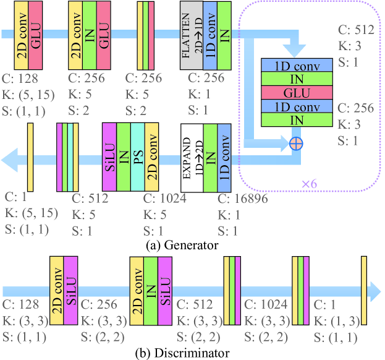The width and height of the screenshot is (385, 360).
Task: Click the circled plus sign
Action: pyautogui.click(x=296, y=144)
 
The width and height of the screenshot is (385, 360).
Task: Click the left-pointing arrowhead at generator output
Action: pyautogui.click(x=10, y=161)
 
